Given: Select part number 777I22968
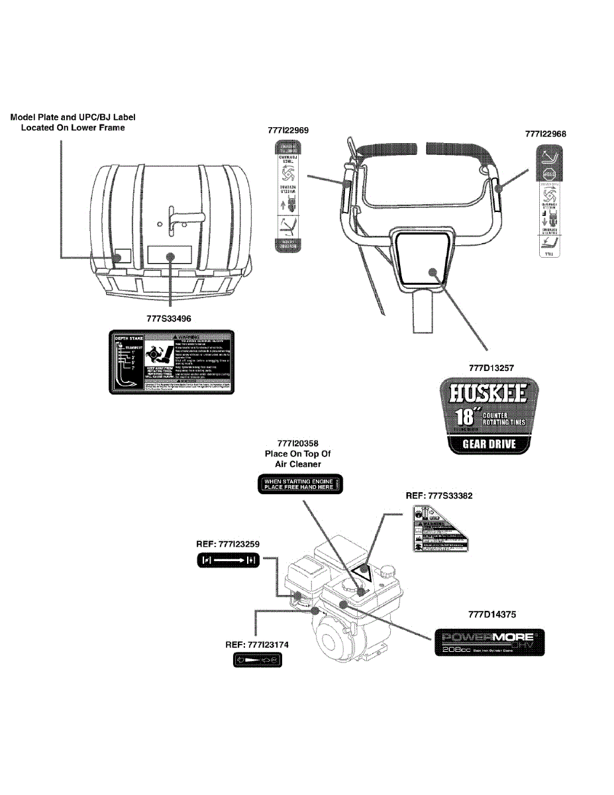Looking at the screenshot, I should pyautogui.click(x=546, y=133).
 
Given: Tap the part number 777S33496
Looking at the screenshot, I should pyautogui.click(x=171, y=318).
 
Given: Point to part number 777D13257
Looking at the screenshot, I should pyautogui.click(x=490, y=365).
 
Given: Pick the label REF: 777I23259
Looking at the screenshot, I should pyautogui.click(x=228, y=544).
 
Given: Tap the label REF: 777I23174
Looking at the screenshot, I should pyautogui.click(x=256, y=644).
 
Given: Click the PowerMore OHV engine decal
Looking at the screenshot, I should pyautogui.click(x=489, y=642).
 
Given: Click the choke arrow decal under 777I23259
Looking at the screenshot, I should pyautogui.click(x=228, y=561).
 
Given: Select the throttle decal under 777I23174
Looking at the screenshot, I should pyautogui.click(x=256, y=661).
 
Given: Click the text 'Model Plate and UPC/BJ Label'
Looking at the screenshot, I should pyautogui.click(x=73, y=117).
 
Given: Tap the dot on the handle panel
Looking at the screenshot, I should pyautogui.click(x=432, y=271).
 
